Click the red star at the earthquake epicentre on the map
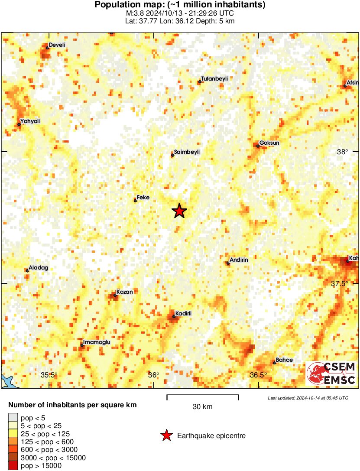(x=179, y=211)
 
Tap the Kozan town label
(x=124, y=292)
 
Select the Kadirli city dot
(x=174, y=317)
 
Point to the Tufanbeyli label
(x=214, y=78)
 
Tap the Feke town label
(x=143, y=198)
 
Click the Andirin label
(x=239, y=260)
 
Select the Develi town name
(x=57, y=45)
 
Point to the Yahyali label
(x=30, y=121)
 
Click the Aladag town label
(x=38, y=268)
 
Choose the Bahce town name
(x=284, y=360)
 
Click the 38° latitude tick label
(x=343, y=152)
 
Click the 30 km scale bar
(x=203, y=395)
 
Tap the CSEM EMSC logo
(x=331, y=374)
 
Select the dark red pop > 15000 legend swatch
(x=13, y=466)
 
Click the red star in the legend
(x=166, y=435)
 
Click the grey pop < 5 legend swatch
(x=13, y=418)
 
